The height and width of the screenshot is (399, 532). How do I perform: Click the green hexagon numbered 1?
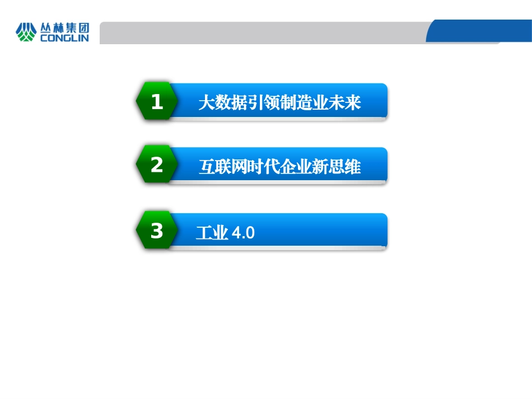[157, 101]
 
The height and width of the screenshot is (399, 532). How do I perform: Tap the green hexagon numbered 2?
[157, 165]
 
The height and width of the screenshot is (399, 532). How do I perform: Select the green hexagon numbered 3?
[157, 231]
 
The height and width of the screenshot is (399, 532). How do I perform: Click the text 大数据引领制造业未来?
[279, 103]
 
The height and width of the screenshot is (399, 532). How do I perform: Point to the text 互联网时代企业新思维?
[279, 167]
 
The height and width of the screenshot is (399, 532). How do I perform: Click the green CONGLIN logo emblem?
[26, 32]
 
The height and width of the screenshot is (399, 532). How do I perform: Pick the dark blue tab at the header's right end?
[479, 31]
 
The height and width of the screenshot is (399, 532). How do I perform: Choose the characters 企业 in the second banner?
[296, 167]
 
